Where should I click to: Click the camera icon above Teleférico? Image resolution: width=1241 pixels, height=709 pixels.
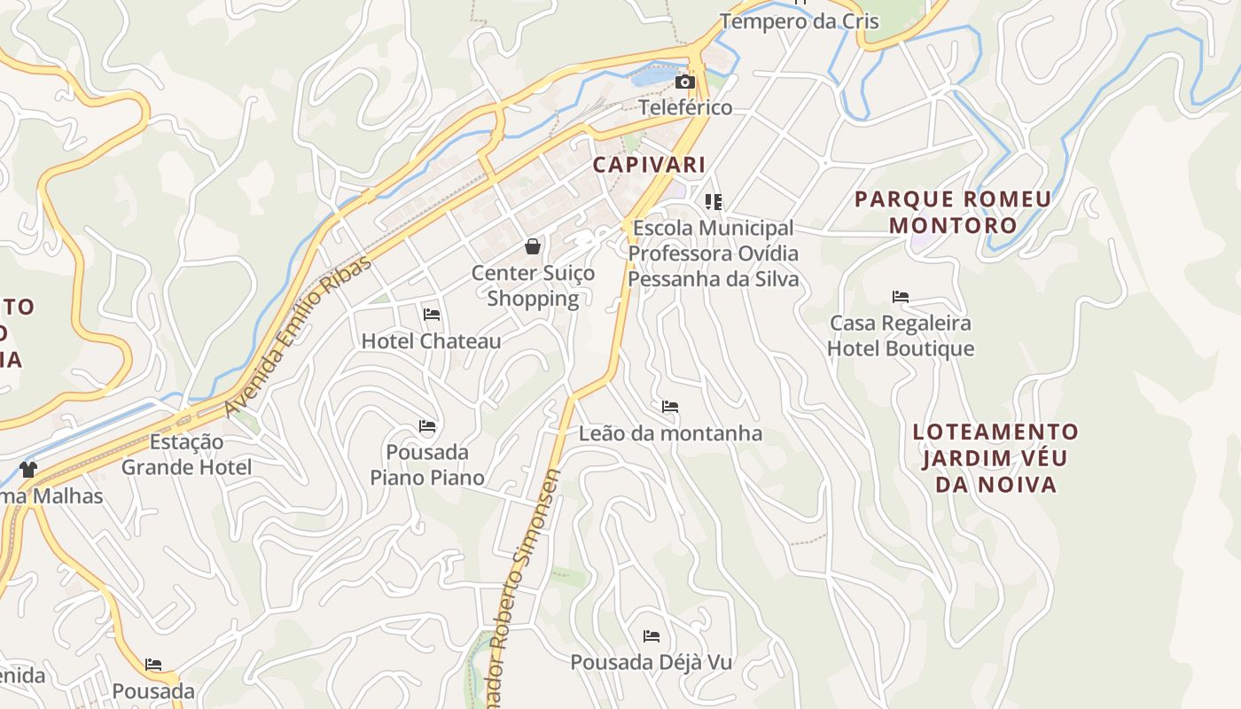coord(684,82)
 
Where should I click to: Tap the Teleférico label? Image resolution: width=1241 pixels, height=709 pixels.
coord(686,108)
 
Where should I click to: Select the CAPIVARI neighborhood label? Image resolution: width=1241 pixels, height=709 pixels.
coord(649,165)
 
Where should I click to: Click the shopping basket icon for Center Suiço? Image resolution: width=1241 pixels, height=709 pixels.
coord(533,246)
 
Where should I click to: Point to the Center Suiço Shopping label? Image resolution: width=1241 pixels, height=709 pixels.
coord(533,285)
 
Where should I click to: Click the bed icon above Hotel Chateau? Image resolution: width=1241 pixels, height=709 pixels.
coord(432,315)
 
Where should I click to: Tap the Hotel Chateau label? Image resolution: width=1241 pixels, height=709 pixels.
coord(431,341)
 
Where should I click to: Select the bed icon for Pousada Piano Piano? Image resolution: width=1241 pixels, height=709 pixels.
coord(427,426)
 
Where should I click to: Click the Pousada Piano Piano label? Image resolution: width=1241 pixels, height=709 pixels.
coord(428,465)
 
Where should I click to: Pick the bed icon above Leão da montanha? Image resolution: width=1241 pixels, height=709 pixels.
coord(670,407)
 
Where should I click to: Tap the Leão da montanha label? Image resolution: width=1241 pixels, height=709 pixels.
coord(670,433)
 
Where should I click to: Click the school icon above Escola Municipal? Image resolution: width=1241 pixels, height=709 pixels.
coord(714,202)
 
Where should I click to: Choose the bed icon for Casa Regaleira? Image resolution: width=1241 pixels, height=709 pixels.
coord(901,297)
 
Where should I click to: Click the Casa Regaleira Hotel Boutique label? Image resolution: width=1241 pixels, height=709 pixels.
coord(901,336)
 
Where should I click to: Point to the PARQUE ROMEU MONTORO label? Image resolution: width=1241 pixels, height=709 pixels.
coord(953,212)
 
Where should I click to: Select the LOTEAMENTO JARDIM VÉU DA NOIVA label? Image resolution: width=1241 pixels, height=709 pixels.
coord(996,458)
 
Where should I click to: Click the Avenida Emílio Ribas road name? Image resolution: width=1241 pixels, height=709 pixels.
coord(298,335)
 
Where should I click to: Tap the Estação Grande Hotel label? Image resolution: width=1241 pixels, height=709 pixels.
coord(186,455)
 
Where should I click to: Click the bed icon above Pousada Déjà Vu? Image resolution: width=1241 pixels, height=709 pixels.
coord(652,636)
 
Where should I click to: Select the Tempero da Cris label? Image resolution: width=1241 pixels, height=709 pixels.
coord(800,21)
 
